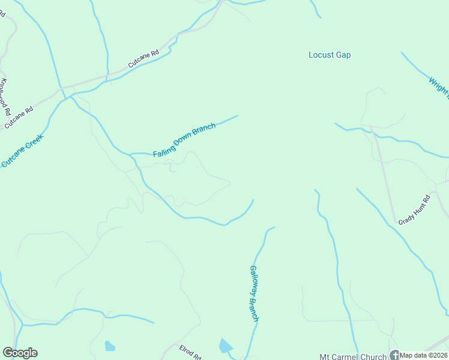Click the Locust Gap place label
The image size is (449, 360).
click(x=330, y=55)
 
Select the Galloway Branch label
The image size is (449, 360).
click(x=254, y=293)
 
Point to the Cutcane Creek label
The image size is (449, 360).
click(x=23, y=151)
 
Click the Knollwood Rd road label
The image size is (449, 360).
click(x=6, y=97)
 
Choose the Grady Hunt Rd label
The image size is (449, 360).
click(x=415, y=211)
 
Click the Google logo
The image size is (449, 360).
click(x=20, y=353)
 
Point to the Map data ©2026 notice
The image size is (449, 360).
click(x=424, y=355)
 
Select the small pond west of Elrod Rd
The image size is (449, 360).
click(x=109, y=346)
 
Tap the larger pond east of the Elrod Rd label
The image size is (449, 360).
click(x=226, y=346)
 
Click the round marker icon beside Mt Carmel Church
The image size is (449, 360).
click(x=394, y=355)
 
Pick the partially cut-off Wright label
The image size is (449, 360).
click(x=438, y=85)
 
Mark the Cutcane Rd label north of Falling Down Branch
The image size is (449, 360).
click(x=143, y=58)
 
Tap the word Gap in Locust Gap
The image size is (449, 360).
click(x=343, y=55)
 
